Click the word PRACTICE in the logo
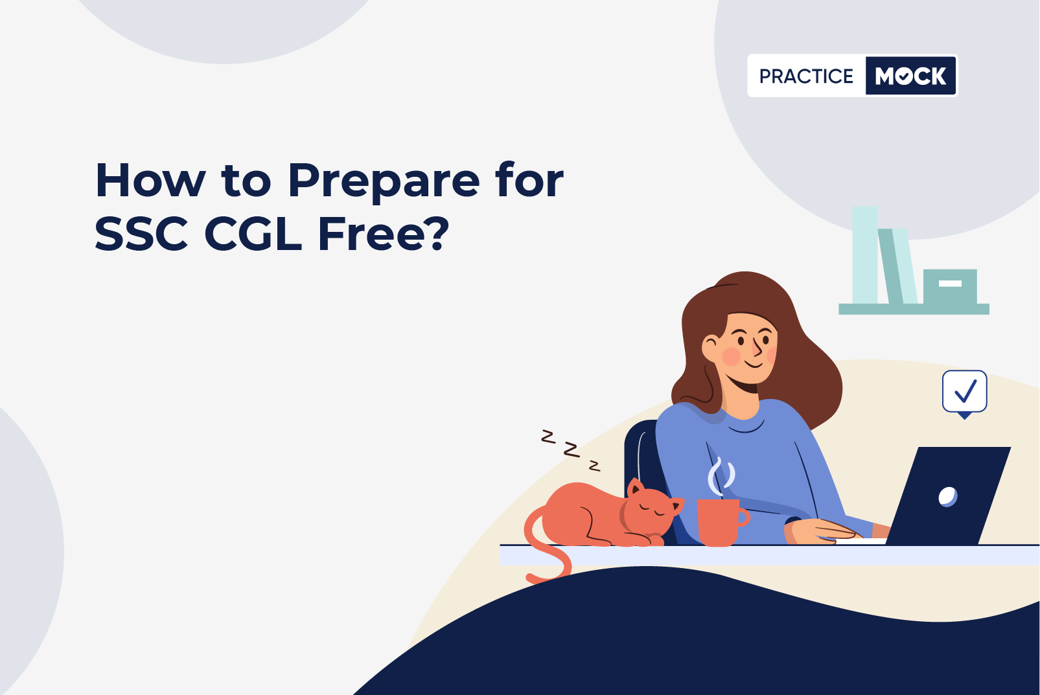point(806,76)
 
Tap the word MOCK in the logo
point(910,76)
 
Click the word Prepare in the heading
point(384,183)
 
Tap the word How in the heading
point(150,181)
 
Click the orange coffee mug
point(722,523)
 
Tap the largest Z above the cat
point(572,450)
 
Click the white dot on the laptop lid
point(947,497)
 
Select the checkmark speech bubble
point(964,393)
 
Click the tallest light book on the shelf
point(864,255)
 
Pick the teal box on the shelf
point(950,286)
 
